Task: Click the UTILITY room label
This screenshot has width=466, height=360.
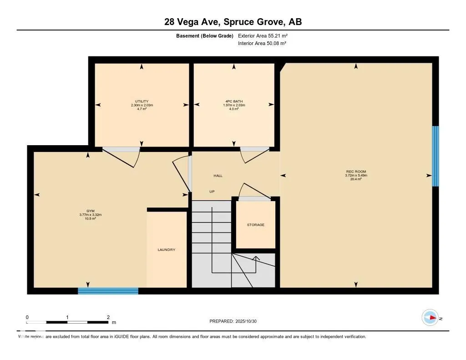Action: [142, 101]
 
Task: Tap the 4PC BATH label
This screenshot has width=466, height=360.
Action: [233, 101]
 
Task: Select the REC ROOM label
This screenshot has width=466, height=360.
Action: [356, 172]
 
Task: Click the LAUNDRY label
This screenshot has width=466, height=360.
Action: [166, 250]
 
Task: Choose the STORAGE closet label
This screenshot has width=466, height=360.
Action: [255, 225]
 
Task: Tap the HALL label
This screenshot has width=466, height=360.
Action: [218, 176]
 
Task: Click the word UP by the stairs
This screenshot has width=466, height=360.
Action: [212, 192]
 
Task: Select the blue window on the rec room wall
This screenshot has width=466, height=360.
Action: [435, 156]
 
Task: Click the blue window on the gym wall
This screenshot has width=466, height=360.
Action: [108, 291]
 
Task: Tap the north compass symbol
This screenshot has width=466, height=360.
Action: [430, 318]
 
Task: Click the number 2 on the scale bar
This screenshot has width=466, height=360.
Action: [108, 317]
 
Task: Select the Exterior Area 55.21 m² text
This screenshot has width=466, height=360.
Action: [263, 35]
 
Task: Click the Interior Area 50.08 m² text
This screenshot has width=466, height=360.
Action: [262, 43]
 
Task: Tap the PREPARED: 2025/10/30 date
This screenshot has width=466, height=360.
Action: [233, 321]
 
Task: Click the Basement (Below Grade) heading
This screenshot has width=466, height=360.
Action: [205, 35]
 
